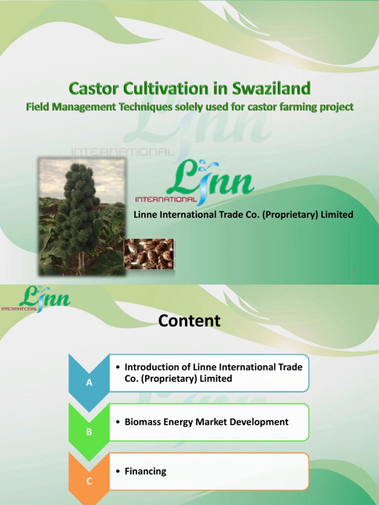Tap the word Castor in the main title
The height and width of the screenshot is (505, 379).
tap(92, 89)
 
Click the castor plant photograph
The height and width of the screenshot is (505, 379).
tap(82, 216)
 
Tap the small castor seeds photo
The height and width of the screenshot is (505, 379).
tap(149, 254)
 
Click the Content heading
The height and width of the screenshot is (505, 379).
tap(189, 321)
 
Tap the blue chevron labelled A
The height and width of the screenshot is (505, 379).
tap(89, 382)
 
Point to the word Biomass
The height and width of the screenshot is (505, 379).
tap(141, 422)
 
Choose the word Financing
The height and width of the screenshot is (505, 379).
tap(146, 471)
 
